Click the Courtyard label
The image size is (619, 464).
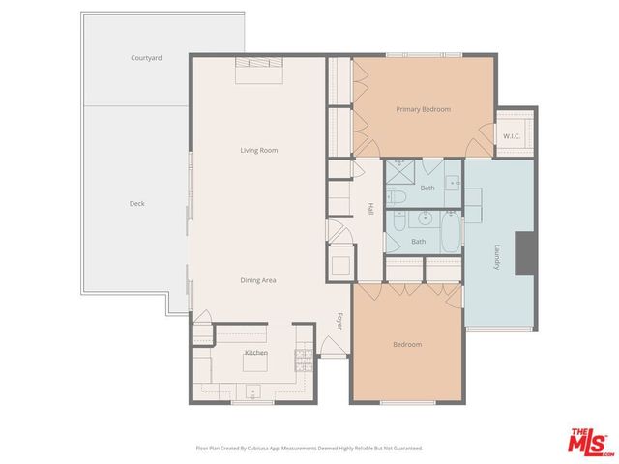(x=146, y=58)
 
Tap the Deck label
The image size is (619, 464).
(x=136, y=203)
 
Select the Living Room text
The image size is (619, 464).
(x=259, y=150)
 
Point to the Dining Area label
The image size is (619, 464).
(x=259, y=280)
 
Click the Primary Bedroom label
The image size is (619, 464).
(x=423, y=109)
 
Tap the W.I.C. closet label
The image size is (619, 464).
(x=512, y=136)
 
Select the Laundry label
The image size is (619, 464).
(x=497, y=256)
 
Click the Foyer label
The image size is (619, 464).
(x=339, y=320)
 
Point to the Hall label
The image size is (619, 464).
(x=370, y=208)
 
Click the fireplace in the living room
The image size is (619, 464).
(x=259, y=64)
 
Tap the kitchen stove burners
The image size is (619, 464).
(x=303, y=361)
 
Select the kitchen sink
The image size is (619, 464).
(x=253, y=391)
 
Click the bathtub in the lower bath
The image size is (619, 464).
(x=451, y=232)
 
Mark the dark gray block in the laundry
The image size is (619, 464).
(x=525, y=253)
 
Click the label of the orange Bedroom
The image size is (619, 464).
(x=406, y=345)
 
